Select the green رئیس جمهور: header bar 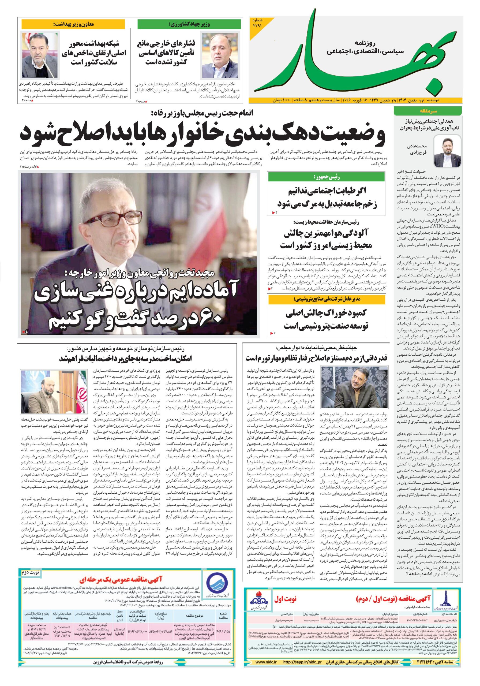pyautogui.click(x=327, y=177)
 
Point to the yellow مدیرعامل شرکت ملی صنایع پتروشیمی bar pyautogui.click(x=327, y=299)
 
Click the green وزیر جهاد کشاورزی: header pyautogui.click(x=189, y=24)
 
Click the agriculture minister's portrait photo pyautogui.click(x=214, y=52)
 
